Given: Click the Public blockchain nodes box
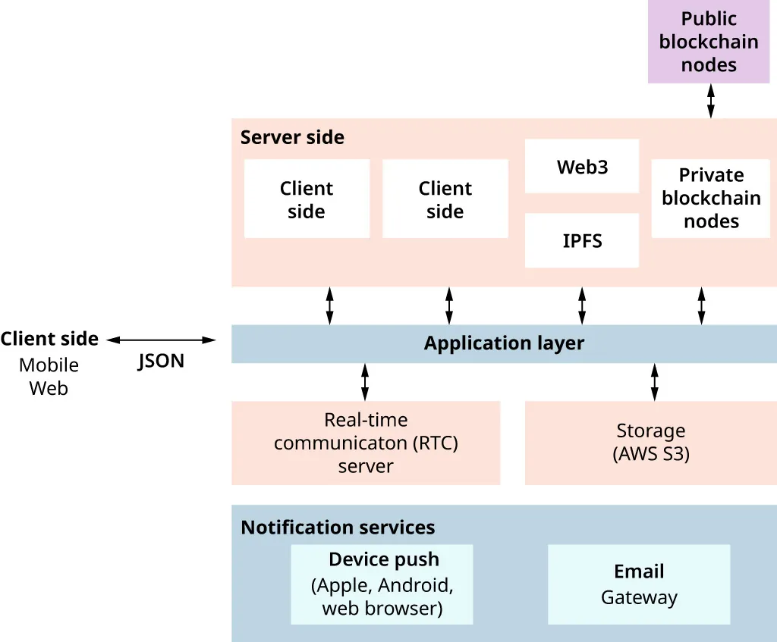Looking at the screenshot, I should tap(708, 42).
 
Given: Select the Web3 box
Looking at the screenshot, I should tap(582, 167).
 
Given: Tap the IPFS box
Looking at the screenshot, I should tap(582, 241).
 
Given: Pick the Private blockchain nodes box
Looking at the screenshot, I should tap(710, 199).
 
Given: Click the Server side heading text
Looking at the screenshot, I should tap(292, 137).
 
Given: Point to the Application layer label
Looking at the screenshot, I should tap(504, 343).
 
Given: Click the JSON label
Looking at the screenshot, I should tap(161, 361).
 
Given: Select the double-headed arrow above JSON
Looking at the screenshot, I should tap(161, 340).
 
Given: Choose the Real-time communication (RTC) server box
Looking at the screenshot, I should tap(366, 443).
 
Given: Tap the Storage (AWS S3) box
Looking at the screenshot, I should tap(650, 443).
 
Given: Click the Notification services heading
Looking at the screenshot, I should tap(338, 528).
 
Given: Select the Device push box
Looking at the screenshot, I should tap(382, 584).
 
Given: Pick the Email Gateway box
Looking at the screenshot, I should tap(639, 584).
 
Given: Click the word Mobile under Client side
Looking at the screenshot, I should tap(49, 365).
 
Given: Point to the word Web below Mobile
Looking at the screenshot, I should tap(49, 389).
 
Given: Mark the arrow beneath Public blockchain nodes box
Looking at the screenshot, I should tap(711, 101).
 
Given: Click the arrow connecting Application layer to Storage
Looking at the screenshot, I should tap(655, 382).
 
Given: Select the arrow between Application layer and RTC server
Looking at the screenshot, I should tap(365, 382).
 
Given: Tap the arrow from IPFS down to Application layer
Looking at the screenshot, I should tap(582, 306).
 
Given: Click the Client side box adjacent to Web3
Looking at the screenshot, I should tap(445, 199).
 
